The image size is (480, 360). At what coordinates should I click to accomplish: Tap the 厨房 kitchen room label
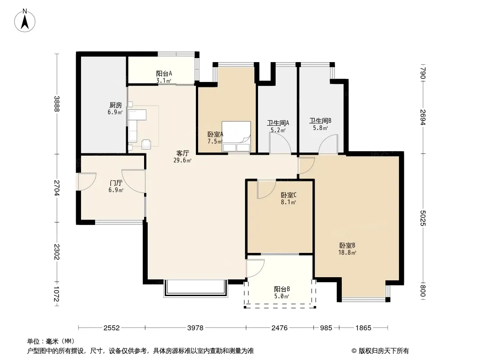116,105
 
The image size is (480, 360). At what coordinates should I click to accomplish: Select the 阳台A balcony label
164,73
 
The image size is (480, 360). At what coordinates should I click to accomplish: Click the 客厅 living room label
182,153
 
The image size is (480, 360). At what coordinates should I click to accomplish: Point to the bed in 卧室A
236,136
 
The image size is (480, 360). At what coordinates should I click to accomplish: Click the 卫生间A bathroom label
278,123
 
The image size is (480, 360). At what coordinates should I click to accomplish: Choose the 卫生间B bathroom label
320,121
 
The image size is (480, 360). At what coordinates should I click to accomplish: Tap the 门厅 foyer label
116,183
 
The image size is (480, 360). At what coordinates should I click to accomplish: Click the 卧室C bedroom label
289,195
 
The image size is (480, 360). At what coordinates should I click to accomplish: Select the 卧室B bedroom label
347,245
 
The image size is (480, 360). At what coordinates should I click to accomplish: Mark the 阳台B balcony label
282,289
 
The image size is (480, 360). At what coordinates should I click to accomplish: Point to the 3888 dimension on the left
57,103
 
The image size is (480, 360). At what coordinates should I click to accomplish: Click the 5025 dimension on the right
423,218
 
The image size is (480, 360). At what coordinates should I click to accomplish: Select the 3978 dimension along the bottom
195,328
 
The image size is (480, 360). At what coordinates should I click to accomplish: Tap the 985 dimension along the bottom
326,328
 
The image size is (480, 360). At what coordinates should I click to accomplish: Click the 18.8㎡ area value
347,252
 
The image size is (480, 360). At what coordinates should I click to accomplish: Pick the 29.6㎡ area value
182,160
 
